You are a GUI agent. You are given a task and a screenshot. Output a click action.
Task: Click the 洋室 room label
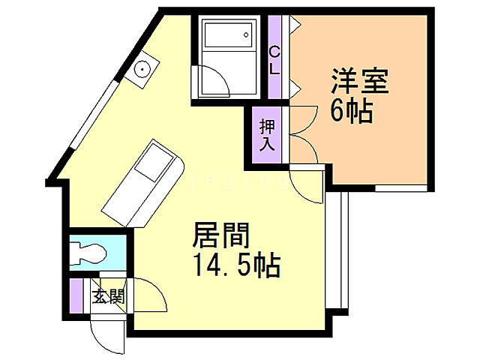pos(359,81)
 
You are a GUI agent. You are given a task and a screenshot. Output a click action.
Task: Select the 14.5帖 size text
pos(234,265)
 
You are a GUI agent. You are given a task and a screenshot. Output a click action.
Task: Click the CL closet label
pos(274,59)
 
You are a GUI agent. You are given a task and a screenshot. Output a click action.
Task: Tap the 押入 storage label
pos(267,135)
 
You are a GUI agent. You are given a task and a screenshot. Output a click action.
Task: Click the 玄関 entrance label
pos(108,296)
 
